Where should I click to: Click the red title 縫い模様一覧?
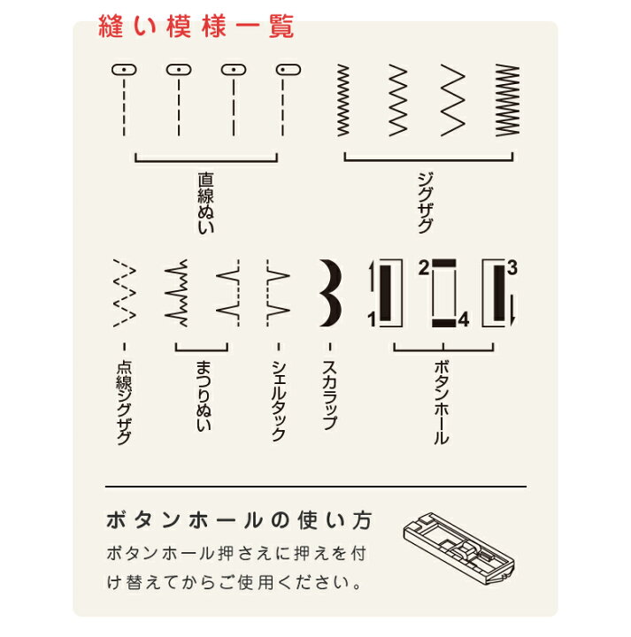[196, 27]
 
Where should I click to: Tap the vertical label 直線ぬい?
[206, 203]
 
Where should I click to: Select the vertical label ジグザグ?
[425, 203]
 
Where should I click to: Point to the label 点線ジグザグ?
[124, 403]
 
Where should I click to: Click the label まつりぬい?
[204, 396]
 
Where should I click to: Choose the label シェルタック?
[278, 401]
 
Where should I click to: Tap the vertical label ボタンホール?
[442, 403]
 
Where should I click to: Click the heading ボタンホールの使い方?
[239, 520]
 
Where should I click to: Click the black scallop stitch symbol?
[330, 293]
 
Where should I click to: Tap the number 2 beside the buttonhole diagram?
[423, 268]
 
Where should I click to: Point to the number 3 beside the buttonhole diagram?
[512, 268]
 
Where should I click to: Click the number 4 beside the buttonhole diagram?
[464, 319]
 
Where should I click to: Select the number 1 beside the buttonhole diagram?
[372, 319]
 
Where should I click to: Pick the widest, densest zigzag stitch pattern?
[507, 100]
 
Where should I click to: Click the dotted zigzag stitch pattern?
[124, 293]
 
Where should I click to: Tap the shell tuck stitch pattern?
[278, 293]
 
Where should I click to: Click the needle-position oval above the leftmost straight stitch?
[124, 70]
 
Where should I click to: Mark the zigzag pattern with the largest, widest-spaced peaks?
[453, 100]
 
